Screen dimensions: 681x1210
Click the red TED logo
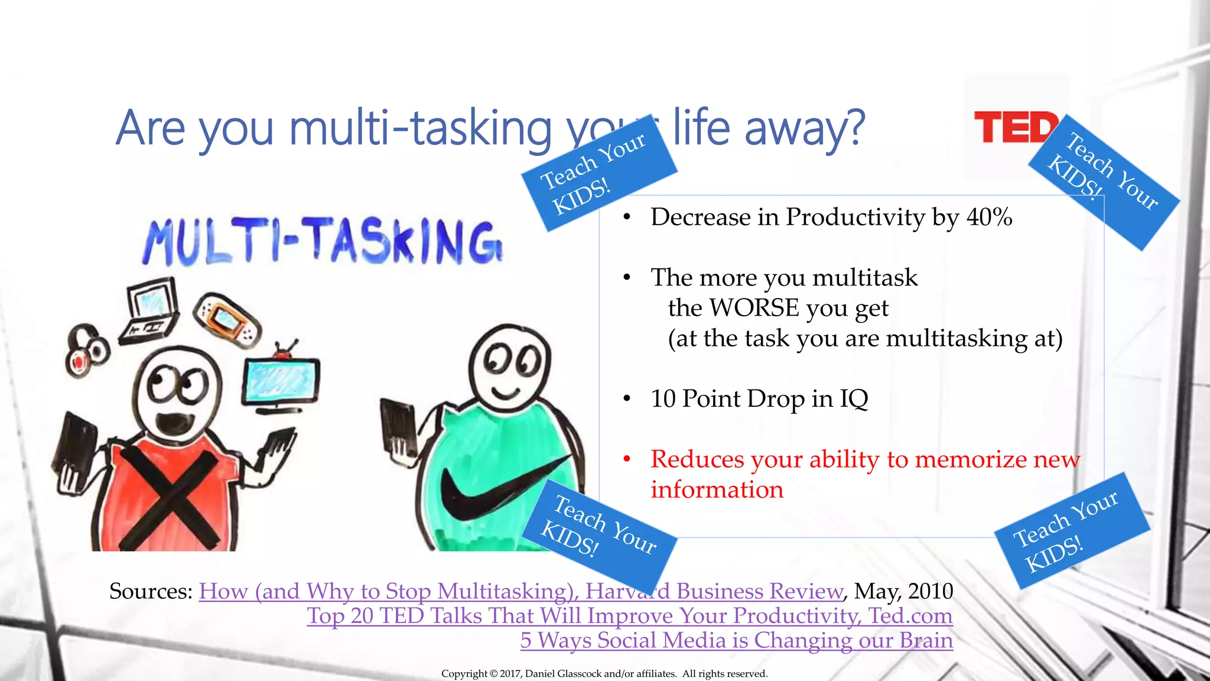pyautogui.click(x=1013, y=127)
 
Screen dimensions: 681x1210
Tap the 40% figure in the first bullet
pyautogui.click(x=990, y=217)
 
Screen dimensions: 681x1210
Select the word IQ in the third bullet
pyautogui.click(x=854, y=398)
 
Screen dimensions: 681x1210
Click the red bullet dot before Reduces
pyautogui.click(x=627, y=459)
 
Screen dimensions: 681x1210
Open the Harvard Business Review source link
pyautogui.click(x=520, y=591)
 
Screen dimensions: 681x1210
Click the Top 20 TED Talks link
pyautogui.click(x=629, y=615)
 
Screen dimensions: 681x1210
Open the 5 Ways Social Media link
pyautogui.click(x=736, y=640)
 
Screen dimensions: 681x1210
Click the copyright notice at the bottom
pyautogui.click(x=604, y=673)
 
